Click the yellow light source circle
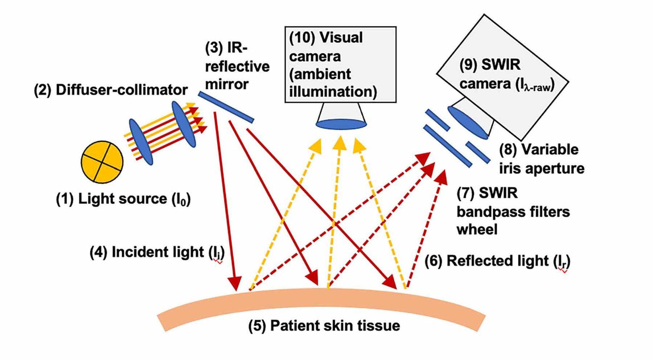click(x=102, y=162)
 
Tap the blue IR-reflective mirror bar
click(x=226, y=107)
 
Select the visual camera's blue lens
click(x=341, y=124)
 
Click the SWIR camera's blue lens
click(x=468, y=122)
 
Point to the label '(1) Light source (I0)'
click(x=123, y=199)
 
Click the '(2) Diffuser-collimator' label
click(x=111, y=90)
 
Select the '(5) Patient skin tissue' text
click(x=324, y=326)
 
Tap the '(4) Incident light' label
click(x=157, y=252)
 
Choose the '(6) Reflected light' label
click(x=497, y=261)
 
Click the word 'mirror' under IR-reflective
click(x=227, y=84)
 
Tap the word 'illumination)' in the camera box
click(x=333, y=91)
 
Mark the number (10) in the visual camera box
click(x=302, y=38)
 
